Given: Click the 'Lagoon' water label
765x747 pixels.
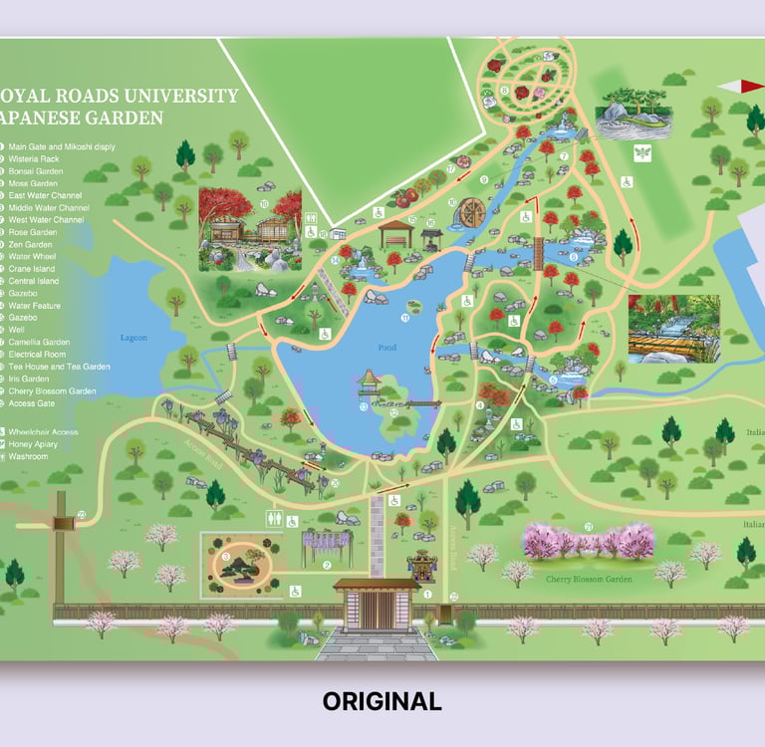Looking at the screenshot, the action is pos(133,338).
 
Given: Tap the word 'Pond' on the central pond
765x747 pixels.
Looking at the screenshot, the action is pos(387,348).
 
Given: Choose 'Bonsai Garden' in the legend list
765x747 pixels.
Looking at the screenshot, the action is pos(36,171).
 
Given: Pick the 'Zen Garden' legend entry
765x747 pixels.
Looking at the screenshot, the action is pos(32,244).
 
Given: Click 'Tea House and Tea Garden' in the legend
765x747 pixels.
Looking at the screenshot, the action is pos(60,367).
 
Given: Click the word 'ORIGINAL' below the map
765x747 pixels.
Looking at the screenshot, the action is pos(382,701).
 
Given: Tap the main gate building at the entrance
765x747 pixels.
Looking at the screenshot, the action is pos(376,602).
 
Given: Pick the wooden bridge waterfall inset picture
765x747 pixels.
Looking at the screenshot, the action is pos(673,328).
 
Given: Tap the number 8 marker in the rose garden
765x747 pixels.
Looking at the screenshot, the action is pos(505,91).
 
